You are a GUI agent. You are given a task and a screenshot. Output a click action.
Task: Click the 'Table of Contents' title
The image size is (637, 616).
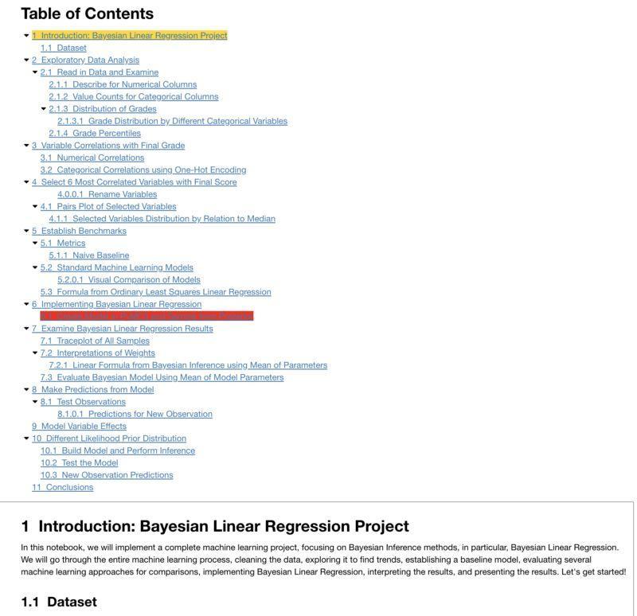[x=87, y=14]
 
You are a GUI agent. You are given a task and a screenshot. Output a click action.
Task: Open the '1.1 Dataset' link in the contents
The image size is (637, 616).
[x=64, y=48]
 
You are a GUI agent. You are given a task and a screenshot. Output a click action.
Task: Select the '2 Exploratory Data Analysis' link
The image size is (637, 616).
[x=85, y=60]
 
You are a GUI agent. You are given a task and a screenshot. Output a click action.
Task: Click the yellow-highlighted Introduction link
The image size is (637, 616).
[x=130, y=36]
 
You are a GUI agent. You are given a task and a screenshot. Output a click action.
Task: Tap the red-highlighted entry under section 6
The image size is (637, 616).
[x=147, y=316]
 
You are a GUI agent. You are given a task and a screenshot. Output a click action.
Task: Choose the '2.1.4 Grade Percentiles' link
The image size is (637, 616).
[x=95, y=133]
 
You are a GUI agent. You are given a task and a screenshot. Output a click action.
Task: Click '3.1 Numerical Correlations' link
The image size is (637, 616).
[x=92, y=158]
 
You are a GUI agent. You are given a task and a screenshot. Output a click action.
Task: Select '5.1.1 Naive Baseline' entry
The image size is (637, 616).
[x=89, y=255]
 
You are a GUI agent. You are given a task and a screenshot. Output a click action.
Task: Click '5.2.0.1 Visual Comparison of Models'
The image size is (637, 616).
[x=129, y=279]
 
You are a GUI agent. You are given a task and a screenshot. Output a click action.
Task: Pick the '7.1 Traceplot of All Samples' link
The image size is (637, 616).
[x=95, y=341]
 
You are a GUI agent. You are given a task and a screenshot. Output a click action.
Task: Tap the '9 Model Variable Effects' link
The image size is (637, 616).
[x=79, y=426]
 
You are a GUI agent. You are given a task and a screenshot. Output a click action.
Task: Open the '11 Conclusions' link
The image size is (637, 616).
[x=62, y=487]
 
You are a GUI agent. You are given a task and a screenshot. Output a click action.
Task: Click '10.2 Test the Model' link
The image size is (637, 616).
[x=79, y=462]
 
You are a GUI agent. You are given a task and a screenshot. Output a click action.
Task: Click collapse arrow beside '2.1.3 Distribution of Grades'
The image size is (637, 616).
[x=44, y=109]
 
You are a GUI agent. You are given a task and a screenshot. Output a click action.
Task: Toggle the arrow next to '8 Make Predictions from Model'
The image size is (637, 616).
[x=27, y=390]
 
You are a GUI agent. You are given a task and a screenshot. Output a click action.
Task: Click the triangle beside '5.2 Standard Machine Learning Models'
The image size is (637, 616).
[x=35, y=267]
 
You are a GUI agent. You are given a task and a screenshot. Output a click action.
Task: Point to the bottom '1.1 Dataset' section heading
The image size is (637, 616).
[x=59, y=602]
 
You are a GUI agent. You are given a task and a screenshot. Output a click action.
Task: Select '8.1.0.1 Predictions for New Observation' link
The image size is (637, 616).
[x=135, y=414]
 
